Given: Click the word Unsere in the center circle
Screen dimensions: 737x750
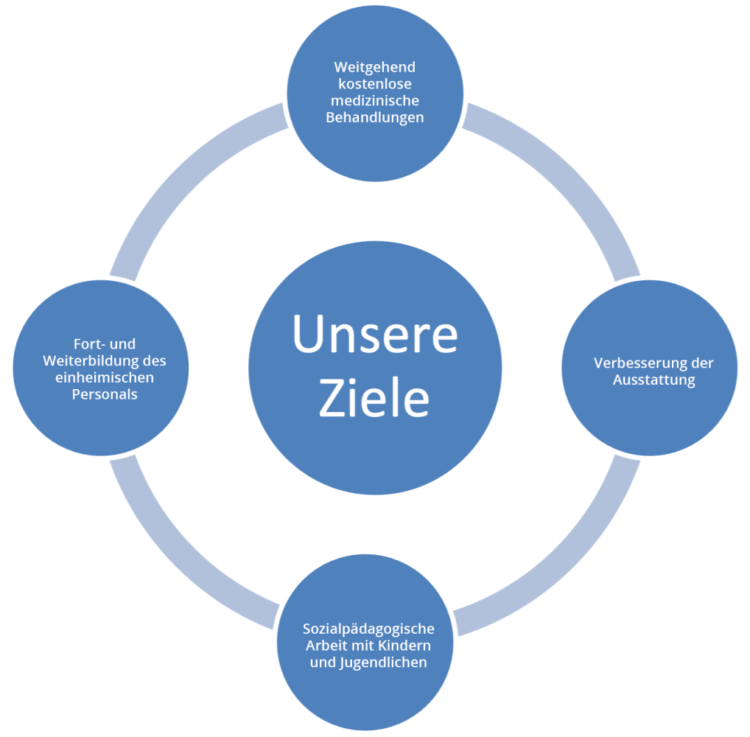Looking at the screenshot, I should coord(375,333).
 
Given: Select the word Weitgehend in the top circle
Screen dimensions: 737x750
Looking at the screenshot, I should coord(374,68).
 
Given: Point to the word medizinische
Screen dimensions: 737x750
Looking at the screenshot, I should coord(374,101).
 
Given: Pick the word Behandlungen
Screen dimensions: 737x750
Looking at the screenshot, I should coord(374,117).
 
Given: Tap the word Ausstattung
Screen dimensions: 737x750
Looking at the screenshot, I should coord(653,380).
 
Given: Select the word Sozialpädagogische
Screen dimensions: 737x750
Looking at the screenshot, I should coord(368,629).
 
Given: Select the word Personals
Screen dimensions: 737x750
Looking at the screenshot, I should coord(104,394).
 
